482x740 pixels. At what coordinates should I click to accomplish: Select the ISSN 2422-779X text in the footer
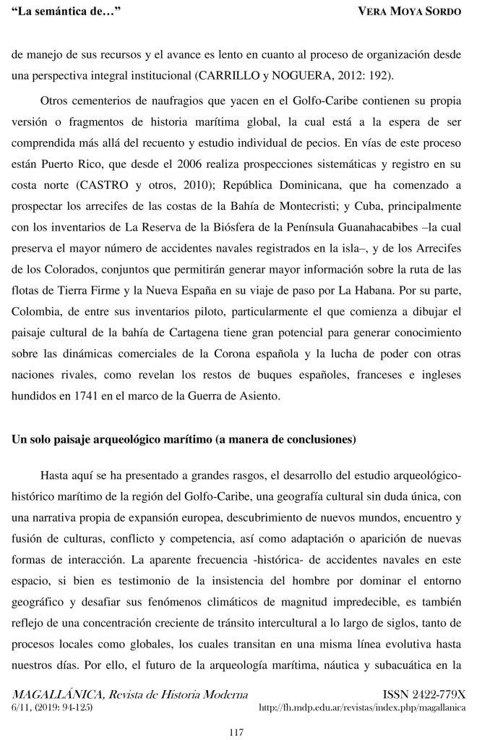pos(431,693)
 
